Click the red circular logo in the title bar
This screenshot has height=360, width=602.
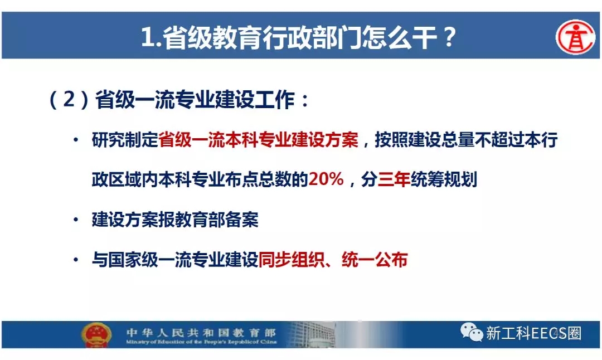(x=575, y=37)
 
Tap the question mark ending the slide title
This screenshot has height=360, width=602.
(x=448, y=37)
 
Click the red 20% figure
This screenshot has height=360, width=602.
(x=326, y=179)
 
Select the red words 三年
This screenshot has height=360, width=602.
(x=394, y=179)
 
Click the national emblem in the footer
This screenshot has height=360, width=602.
(x=96, y=334)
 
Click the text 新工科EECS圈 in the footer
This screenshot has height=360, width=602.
(x=533, y=333)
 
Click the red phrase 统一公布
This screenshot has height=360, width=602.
(x=375, y=260)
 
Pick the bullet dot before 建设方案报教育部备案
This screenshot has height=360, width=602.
(x=76, y=220)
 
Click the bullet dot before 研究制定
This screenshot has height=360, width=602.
(x=76, y=140)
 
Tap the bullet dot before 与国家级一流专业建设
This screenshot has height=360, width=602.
(x=76, y=260)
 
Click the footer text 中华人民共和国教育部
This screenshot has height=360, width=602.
(x=201, y=332)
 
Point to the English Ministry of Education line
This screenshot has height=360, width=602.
(x=201, y=342)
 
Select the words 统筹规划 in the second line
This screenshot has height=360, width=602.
(x=444, y=179)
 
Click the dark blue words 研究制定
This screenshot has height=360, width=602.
(x=125, y=140)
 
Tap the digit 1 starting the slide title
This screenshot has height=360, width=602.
(x=147, y=37)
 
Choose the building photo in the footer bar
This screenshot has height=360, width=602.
(x=311, y=334)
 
